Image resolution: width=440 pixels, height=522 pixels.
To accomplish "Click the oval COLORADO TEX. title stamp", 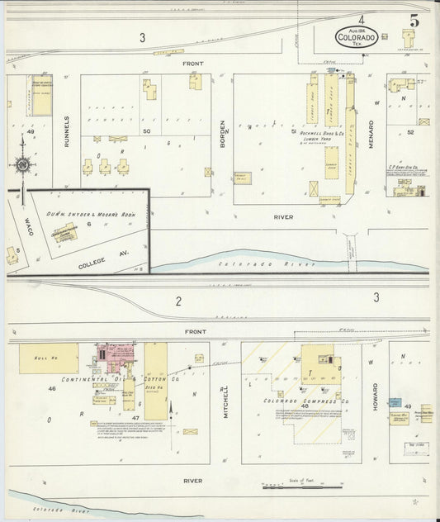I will pyautogui.click(x=357, y=37).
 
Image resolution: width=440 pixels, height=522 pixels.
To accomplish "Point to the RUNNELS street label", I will pyautogui.click(x=67, y=130).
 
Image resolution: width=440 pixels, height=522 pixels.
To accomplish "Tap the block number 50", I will pyautogui.click(x=146, y=131).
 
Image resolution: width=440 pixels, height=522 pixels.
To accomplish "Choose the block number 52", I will pyautogui.click(x=409, y=131).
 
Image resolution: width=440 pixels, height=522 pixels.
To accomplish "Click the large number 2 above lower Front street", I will pyautogui.click(x=178, y=301).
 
